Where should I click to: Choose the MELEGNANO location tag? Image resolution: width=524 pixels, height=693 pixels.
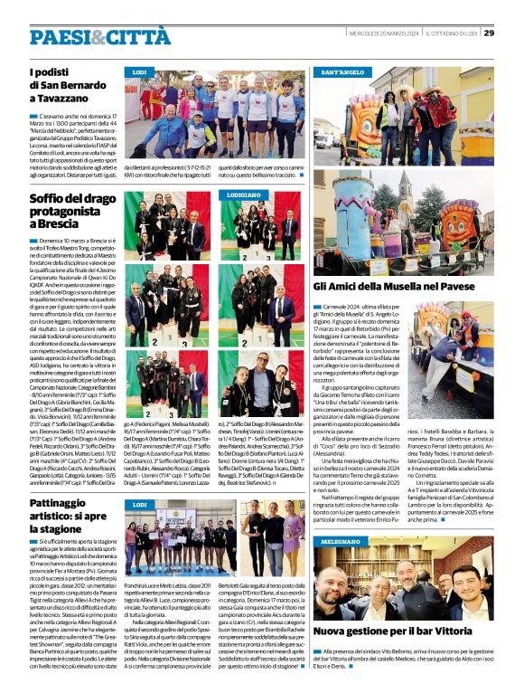click(340, 540)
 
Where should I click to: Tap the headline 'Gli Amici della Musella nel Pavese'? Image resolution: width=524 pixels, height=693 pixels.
click(402, 287)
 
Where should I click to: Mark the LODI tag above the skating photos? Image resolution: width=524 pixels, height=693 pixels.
click(140, 505)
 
